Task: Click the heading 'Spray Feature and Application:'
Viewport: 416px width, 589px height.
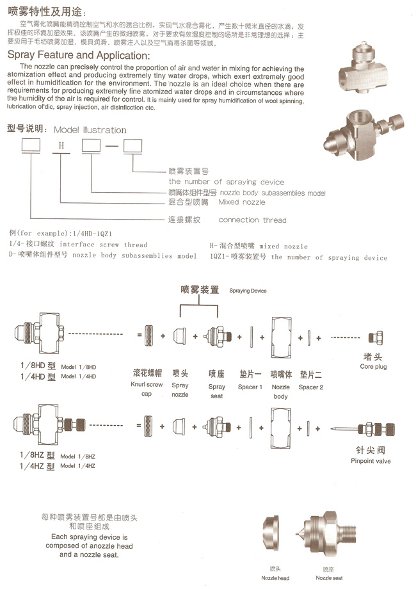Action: [x=78, y=56]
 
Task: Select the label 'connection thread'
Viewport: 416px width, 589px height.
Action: [x=253, y=220]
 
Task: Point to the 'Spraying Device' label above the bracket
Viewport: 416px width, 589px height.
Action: [x=248, y=291]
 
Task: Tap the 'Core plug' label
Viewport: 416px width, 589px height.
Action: [x=375, y=367]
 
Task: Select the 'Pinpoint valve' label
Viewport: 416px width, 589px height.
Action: [x=370, y=460]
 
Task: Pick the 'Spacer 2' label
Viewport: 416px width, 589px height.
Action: [x=311, y=387]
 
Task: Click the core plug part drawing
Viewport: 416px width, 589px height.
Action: [x=375, y=337]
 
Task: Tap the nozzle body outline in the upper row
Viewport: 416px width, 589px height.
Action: [x=281, y=335]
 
